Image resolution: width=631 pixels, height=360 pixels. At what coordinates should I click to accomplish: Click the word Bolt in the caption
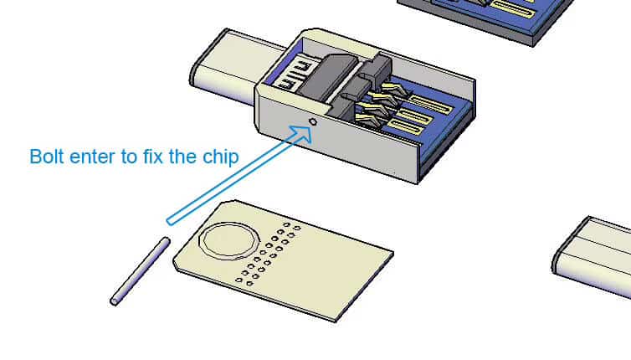pos(47,157)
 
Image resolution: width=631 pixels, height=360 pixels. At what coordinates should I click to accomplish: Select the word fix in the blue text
pos(152,157)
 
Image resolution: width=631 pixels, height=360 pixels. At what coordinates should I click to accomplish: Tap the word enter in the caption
pos(92,157)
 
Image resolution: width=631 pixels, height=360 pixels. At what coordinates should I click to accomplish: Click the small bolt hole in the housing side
pos(313,121)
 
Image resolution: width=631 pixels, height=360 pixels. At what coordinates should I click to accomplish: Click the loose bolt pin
pos(140,271)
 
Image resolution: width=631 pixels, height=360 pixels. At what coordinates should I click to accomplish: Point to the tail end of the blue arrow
pos(170,221)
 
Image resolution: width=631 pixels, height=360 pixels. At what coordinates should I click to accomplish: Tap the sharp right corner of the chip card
pos(392,254)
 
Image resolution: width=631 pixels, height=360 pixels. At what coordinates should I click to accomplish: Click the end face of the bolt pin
pos(114,301)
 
